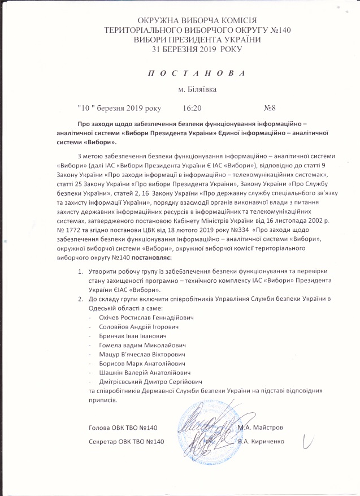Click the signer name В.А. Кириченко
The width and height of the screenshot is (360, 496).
coord(261,441)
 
